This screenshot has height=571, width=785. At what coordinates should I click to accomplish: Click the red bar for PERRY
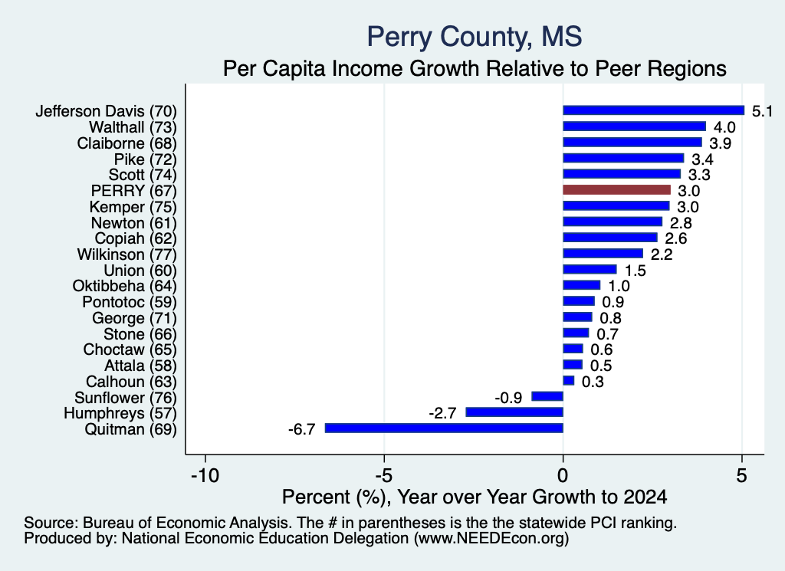pos(617,190)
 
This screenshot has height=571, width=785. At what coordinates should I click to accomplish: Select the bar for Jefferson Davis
pos(654,110)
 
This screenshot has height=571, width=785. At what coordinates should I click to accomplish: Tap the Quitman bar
pos(444,428)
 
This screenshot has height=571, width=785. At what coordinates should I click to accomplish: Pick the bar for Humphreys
pos(514,412)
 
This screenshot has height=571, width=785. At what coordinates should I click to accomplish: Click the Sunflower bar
pos(547,396)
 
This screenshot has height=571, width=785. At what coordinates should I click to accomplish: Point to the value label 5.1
pos(763,111)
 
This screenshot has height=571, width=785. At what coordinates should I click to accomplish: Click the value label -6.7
pos(301,429)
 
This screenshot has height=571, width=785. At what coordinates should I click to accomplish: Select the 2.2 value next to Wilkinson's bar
pos(662,254)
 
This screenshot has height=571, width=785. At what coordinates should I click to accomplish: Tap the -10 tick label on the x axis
pos(205,475)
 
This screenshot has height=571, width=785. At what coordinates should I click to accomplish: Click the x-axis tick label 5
pos(741,475)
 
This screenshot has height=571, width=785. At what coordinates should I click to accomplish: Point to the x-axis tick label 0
pos(563,475)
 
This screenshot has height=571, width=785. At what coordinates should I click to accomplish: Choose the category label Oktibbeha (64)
pos(125,286)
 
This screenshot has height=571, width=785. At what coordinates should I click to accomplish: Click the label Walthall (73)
pos(133,127)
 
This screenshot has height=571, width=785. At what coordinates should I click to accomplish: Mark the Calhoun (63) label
pos(131,382)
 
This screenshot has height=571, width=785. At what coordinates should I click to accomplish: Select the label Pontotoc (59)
pos(130,302)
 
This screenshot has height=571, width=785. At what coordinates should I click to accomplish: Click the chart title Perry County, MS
pos(475,37)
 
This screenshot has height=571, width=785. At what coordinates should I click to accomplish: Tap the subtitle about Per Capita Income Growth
pos(475,68)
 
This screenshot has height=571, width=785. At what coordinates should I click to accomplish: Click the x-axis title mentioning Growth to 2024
pos(475,497)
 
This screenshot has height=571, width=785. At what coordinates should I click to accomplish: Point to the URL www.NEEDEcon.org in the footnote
pos(491,539)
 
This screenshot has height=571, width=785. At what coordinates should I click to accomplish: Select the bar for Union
pos(590,269)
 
